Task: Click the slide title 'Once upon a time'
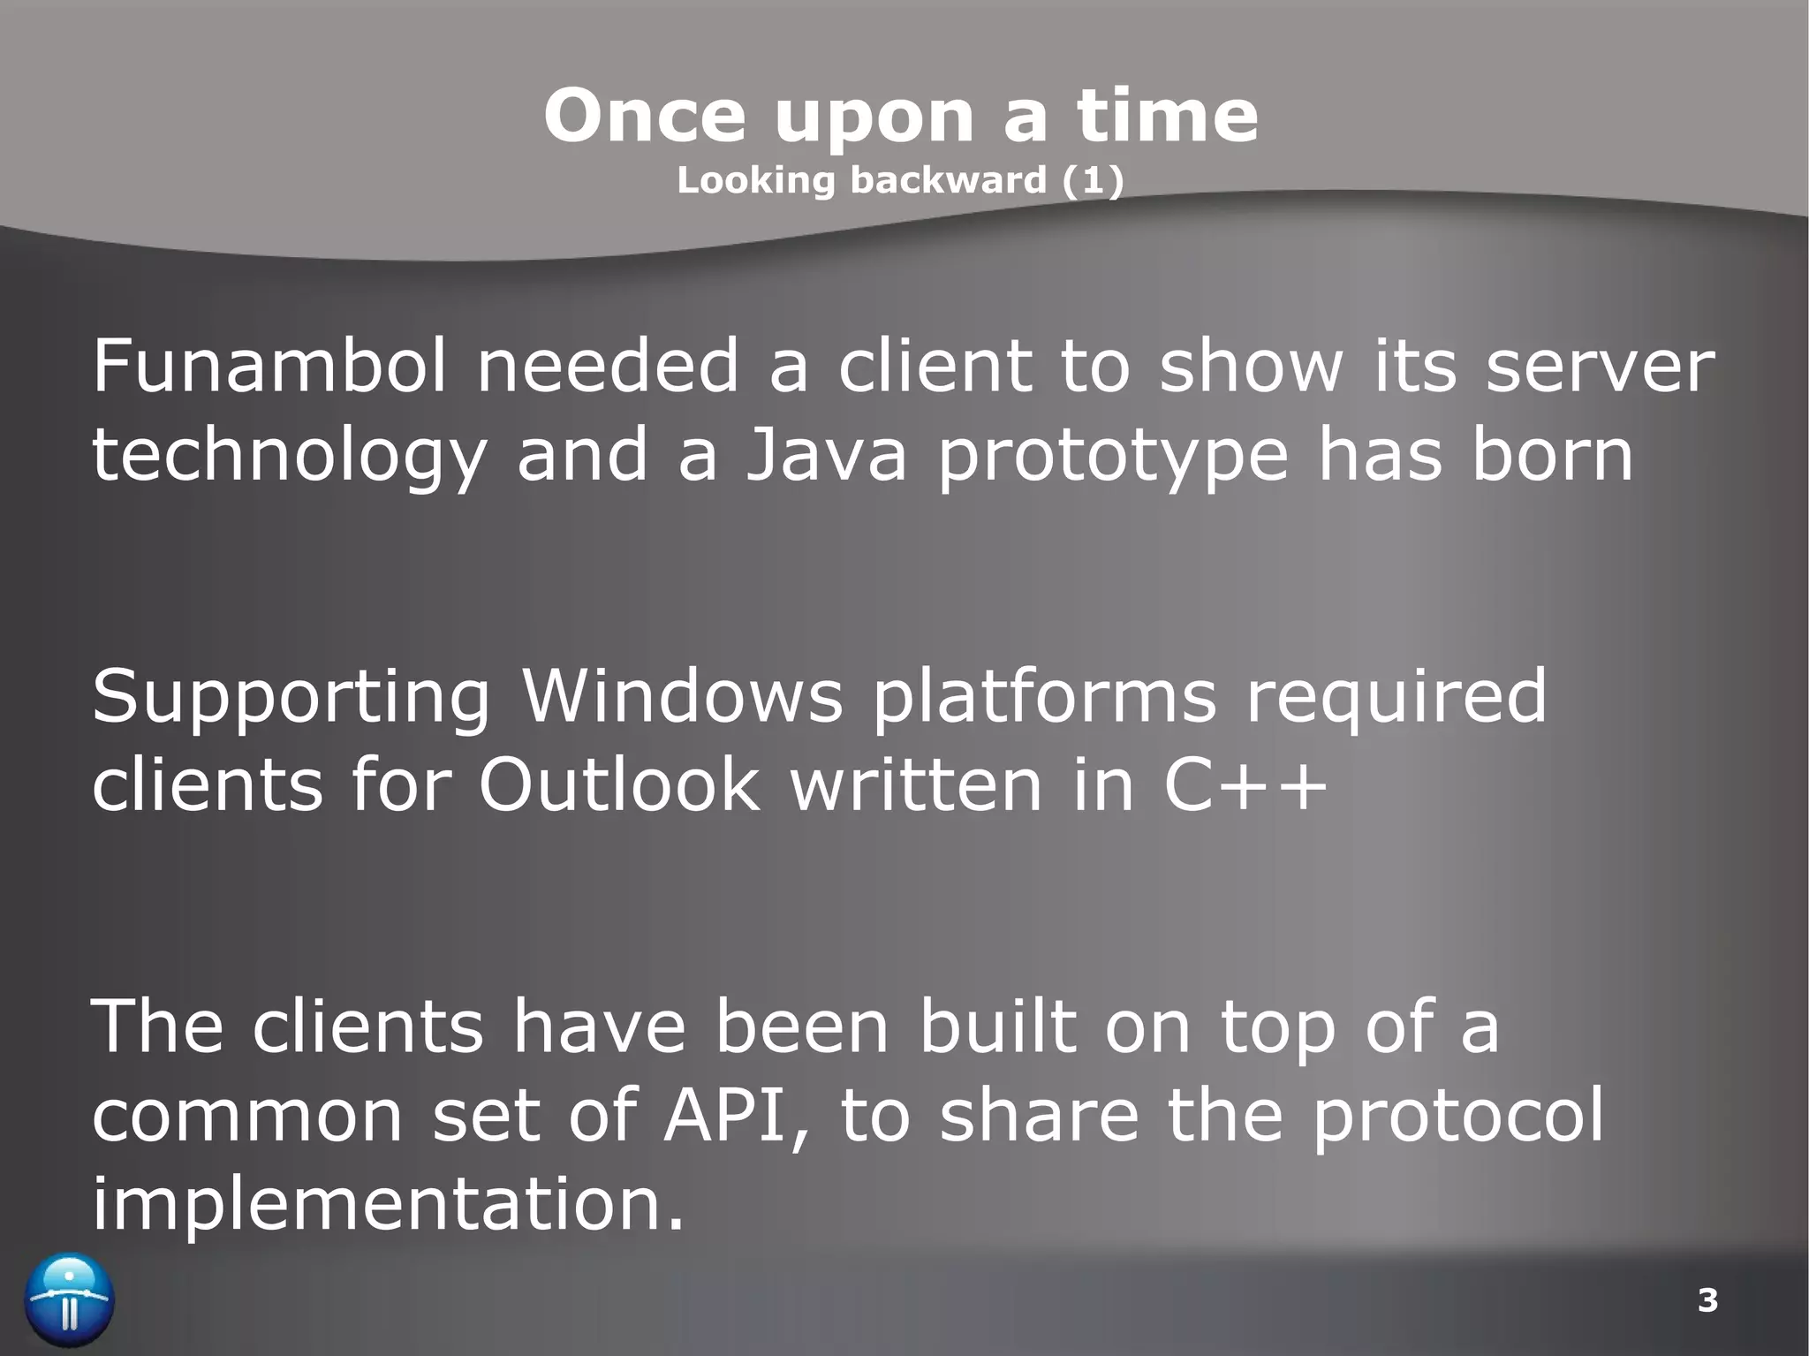click(x=901, y=116)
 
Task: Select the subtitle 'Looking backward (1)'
click(x=900, y=180)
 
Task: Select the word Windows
click(x=682, y=695)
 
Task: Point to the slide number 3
click(x=1707, y=1300)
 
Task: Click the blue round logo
click(x=69, y=1300)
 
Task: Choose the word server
click(x=1600, y=367)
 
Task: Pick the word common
click(x=247, y=1117)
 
